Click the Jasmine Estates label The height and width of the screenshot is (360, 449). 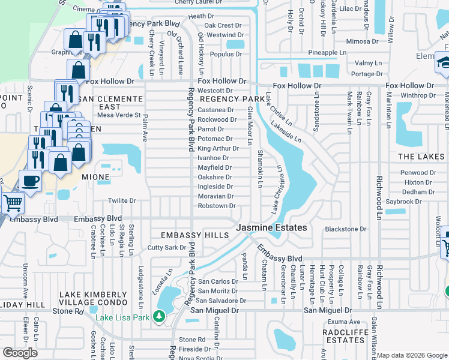[x=271, y=228]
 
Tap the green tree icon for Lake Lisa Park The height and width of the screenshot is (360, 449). [x=159, y=316]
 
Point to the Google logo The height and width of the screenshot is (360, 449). [x=20, y=353]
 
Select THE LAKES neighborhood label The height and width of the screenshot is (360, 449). [x=421, y=156]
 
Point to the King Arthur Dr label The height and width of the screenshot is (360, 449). [x=218, y=148]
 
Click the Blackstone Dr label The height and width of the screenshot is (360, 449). [x=345, y=229]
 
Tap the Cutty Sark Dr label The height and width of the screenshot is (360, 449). [x=167, y=248]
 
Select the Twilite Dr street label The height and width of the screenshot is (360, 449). [x=122, y=201]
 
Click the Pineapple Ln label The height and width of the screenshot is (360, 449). [x=327, y=53]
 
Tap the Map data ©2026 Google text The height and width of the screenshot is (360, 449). [x=412, y=355]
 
